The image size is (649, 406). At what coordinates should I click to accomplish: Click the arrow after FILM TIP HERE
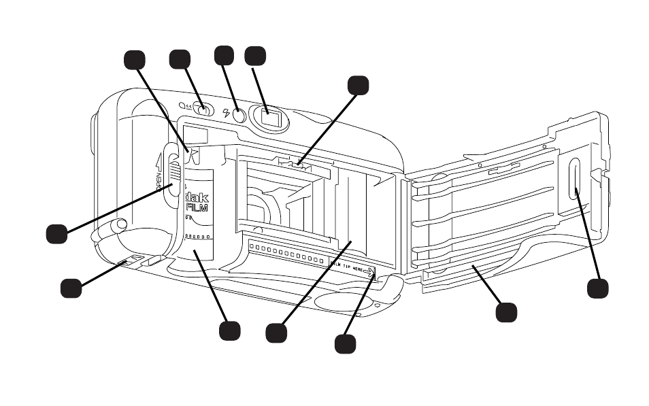(x=369, y=272)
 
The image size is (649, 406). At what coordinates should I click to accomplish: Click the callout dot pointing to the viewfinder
(x=254, y=56)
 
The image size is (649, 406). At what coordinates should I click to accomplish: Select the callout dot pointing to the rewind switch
(x=180, y=58)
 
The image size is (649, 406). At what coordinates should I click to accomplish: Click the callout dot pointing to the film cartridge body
(x=229, y=331)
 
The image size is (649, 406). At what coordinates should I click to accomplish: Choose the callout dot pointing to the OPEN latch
(x=56, y=233)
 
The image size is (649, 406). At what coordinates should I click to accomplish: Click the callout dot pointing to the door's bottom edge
(x=506, y=312)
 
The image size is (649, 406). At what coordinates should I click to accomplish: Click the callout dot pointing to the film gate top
(x=358, y=84)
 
